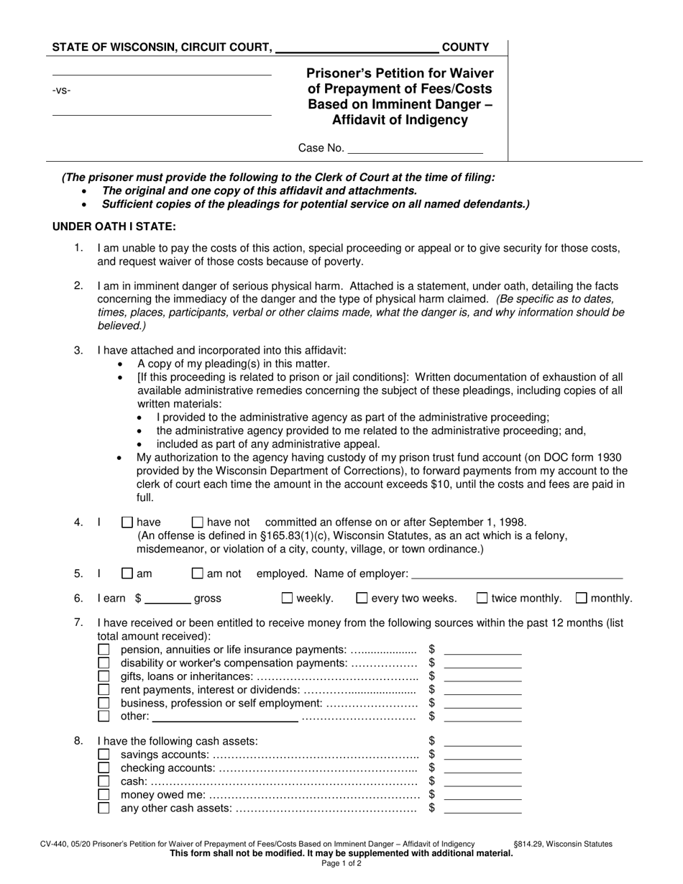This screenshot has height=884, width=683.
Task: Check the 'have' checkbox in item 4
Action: (127, 522)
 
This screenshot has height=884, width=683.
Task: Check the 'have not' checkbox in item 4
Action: (198, 522)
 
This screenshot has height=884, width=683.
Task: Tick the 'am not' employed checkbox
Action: (198, 574)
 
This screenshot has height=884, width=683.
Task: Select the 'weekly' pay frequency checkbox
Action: (287, 598)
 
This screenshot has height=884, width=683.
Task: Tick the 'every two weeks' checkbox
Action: (362, 598)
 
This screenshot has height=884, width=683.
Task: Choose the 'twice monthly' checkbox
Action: (482, 598)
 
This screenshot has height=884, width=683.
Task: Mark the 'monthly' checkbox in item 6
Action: (582, 598)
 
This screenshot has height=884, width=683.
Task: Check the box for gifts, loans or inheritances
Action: (104, 676)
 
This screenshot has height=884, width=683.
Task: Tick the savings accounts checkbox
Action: (104, 755)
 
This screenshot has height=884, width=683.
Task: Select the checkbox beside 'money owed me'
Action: (104, 795)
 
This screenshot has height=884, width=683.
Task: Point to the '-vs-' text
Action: (62, 91)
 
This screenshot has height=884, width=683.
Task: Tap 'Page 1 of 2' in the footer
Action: (341, 863)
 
